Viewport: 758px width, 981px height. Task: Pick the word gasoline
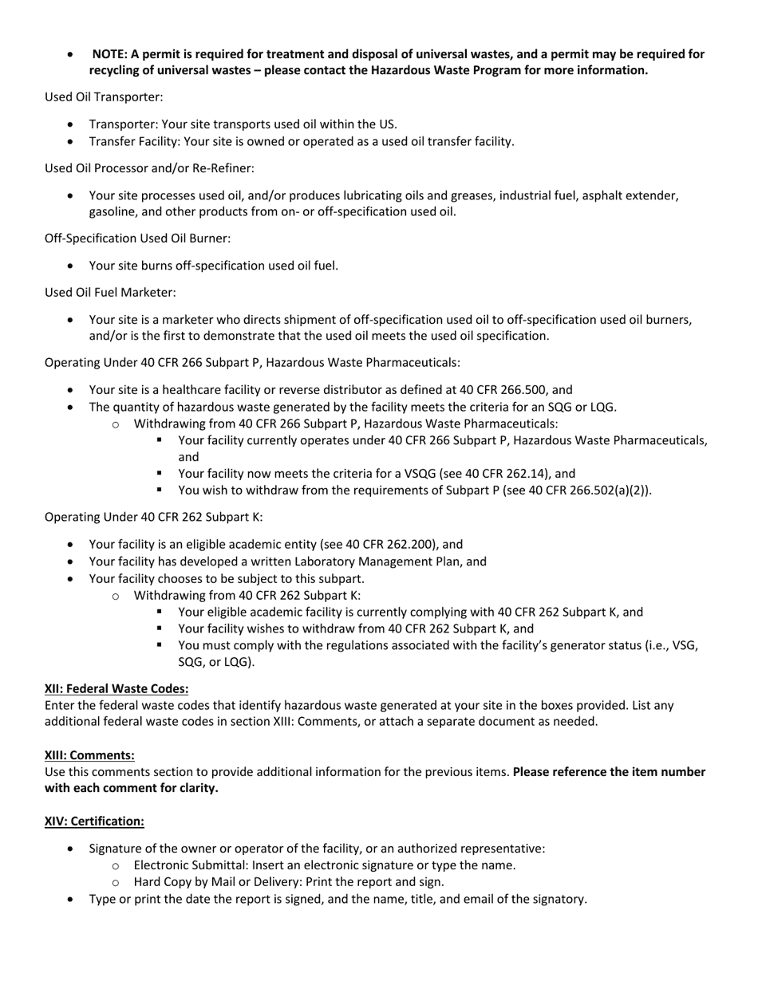tap(113, 212)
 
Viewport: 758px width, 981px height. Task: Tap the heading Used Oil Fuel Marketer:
tap(110, 293)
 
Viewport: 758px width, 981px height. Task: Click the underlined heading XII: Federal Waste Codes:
tap(116, 688)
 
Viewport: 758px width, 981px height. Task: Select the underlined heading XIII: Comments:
tap(89, 755)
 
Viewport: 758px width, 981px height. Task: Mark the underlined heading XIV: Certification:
tap(94, 821)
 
